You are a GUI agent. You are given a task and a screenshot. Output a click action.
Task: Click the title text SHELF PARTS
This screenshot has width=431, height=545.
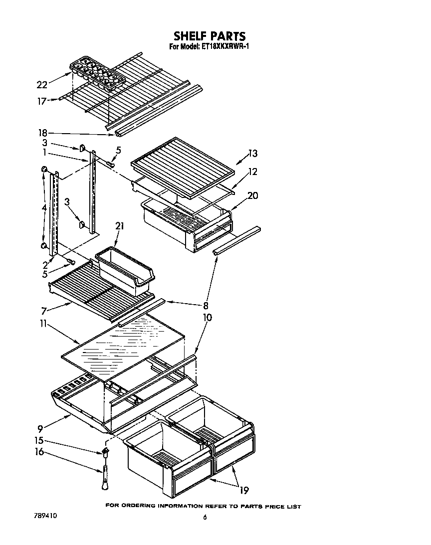(210, 36)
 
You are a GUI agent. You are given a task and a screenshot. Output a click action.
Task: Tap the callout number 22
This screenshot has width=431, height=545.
(42, 85)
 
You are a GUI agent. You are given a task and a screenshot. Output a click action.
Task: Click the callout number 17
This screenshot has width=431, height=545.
(42, 101)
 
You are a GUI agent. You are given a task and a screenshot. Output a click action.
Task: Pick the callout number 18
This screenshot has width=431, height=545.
(43, 133)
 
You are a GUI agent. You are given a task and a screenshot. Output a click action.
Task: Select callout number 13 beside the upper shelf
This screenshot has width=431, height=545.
(253, 154)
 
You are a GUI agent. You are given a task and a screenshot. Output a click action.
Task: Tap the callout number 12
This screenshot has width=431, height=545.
(253, 172)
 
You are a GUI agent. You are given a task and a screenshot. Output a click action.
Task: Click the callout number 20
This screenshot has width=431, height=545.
(252, 195)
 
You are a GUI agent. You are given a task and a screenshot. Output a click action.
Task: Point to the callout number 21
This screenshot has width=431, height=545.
(119, 226)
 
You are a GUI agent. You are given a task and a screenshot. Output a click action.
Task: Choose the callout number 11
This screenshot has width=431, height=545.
(43, 324)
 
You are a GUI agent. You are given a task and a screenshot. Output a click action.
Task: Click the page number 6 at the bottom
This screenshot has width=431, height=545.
(205, 518)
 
